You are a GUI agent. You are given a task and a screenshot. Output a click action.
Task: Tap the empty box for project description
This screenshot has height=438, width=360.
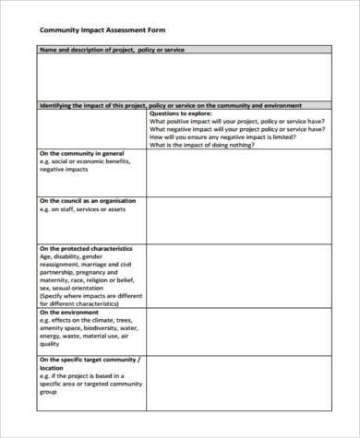click(x=183, y=77)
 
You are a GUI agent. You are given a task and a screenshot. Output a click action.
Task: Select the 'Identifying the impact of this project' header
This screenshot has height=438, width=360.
click(x=170, y=105)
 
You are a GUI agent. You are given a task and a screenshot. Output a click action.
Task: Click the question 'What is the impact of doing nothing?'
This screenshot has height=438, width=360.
click(x=200, y=144)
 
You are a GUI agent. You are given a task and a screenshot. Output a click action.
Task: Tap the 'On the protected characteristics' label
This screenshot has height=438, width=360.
click(x=85, y=248)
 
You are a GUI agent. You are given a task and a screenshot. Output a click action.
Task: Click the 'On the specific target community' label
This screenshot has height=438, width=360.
click(x=88, y=360)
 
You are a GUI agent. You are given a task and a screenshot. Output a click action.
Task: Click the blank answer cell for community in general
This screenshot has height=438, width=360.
click(x=237, y=172)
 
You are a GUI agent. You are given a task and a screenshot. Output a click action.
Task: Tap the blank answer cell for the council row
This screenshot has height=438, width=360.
click(x=237, y=219)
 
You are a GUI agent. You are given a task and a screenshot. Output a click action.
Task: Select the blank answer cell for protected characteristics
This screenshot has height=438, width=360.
click(x=237, y=275)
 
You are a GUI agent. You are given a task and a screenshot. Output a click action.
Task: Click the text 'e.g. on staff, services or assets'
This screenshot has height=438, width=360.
click(x=88, y=209)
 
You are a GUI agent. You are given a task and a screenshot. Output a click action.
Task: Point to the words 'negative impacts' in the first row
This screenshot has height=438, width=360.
click(x=64, y=171)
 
